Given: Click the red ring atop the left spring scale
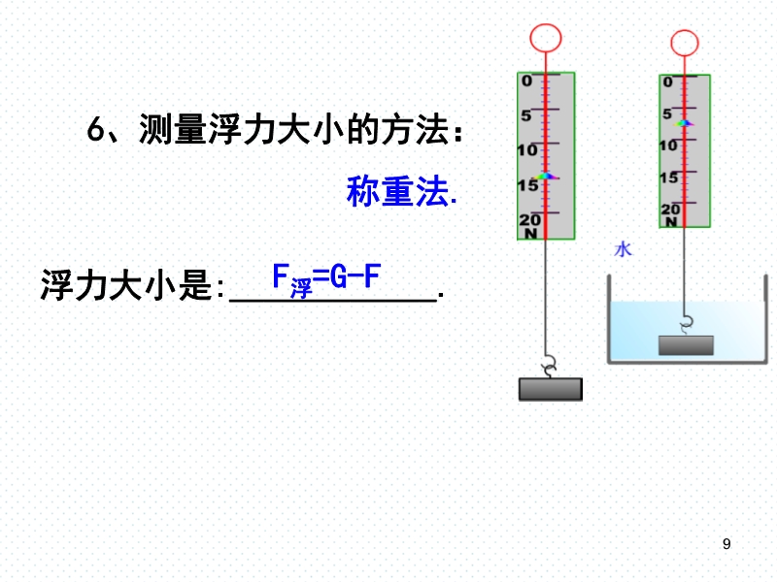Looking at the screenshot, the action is pyautogui.click(x=545, y=24).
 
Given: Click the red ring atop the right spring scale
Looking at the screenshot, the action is pyautogui.click(x=685, y=30).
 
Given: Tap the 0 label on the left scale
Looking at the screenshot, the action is pyautogui.click(x=526, y=81).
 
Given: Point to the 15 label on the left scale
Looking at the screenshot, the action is pyautogui.click(x=527, y=185).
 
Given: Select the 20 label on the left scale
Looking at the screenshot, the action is pyautogui.click(x=529, y=219).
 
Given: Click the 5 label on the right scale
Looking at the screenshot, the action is pyautogui.click(x=667, y=113).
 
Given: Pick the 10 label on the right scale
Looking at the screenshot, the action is pyautogui.click(x=668, y=145).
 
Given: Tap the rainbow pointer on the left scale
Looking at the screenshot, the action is pyautogui.click(x=545, y=176).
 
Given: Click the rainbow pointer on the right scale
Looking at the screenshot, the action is pyautogui.click(x=684, y=123).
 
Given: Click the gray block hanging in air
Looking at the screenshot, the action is pyautogui.click(x=551, y=389).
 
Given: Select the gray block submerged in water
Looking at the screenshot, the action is pyautogui.click(x=686, y=345).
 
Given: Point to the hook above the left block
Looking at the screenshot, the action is pyautogui.click(x=549, y=367).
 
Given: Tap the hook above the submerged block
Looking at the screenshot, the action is pyautogui.click(x=686, y=325).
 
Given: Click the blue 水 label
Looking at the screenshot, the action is pyautogui.click(x=623, y=249).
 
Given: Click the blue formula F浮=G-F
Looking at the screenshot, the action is pyautogui.click(x=326, y=279).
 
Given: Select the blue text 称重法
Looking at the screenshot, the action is pyautogui.click(x=400, y=191).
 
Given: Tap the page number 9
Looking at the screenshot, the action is pyautogui.click(x=726, y=544).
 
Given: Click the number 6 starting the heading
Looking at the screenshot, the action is pyautogui.click(x=95, y=130).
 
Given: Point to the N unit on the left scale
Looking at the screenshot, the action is pyautogui.click(x=530, y=233).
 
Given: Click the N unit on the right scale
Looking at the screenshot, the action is pyautogui.click(x=671, y=222).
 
